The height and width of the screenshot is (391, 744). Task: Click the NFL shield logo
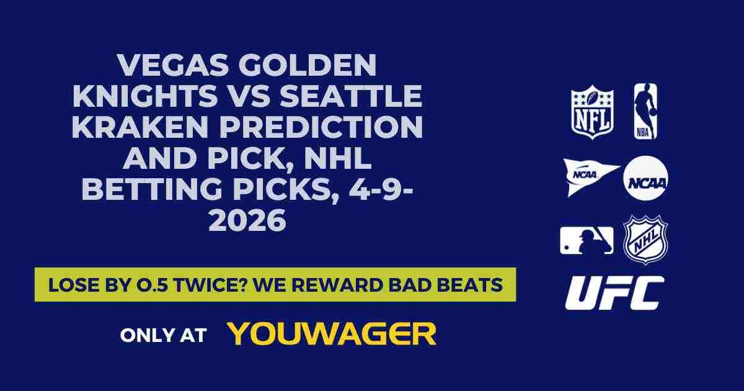(592, 112)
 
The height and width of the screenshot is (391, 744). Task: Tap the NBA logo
(645, 112)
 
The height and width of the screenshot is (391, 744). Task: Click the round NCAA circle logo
(645, 178)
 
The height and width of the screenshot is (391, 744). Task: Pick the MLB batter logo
(587, 240)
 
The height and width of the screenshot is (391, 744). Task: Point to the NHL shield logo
(645, 239)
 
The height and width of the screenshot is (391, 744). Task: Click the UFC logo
(614, 293)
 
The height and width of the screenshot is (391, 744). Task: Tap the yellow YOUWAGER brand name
(332, 334)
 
